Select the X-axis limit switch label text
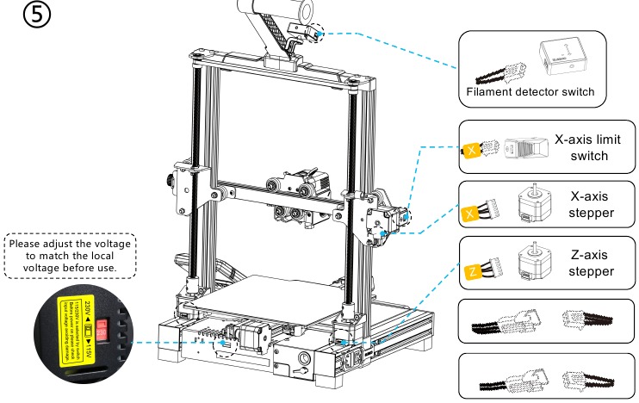[589, 147]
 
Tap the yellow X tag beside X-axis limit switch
[472, 151]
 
